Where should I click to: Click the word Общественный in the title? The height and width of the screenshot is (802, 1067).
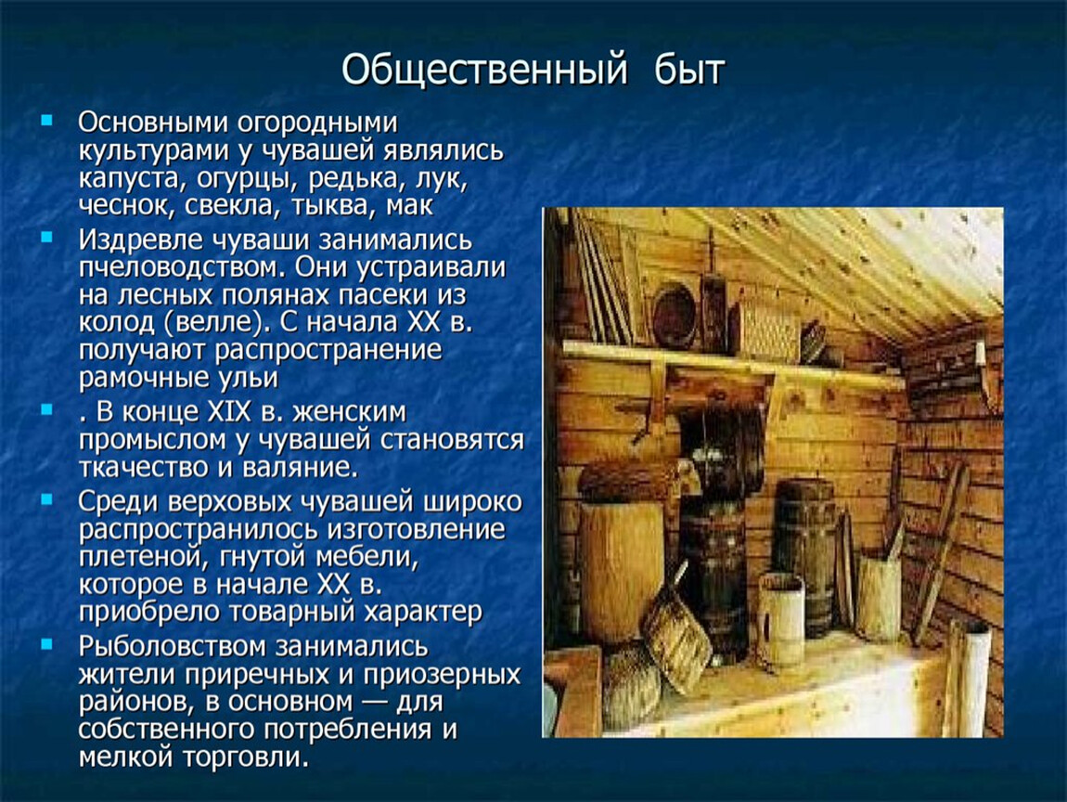coord(483,71)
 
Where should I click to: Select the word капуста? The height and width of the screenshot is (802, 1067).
coord(133,179)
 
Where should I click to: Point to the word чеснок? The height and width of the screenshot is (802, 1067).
coord(122,206)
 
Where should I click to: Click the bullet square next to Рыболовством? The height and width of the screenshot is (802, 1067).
coord(46,643)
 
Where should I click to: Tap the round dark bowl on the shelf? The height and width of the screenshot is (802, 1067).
coord(675,316)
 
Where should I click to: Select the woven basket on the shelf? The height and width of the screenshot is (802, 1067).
coord(766,331)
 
